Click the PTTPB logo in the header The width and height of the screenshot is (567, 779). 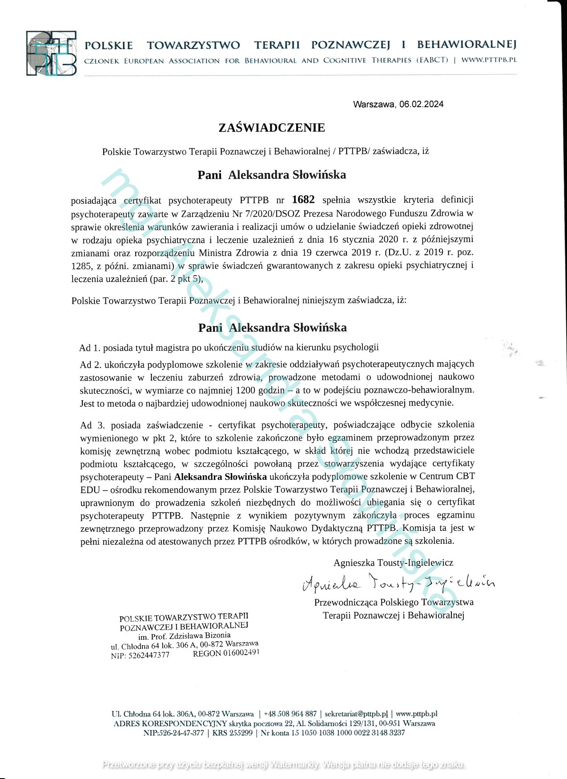click(51, 53)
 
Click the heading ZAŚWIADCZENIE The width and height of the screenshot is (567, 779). click(272, 128)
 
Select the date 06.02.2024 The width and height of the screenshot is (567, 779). click(421, 104)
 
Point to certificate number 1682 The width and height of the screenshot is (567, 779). click(303, 200)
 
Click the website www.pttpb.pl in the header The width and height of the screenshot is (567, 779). click(489, 60)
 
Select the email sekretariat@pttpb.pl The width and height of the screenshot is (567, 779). click(356, 714)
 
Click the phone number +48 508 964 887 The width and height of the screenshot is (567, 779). click(290, 714)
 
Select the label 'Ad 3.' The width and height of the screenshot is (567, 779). click(92, 425)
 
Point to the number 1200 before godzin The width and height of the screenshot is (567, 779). click(246, 390)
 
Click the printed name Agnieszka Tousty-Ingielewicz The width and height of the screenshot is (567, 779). click(393, 563)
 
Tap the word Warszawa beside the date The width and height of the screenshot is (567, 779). click(373, 104)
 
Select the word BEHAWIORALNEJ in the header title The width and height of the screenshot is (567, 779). click(466, 45)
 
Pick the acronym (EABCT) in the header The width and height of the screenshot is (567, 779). click(432, 60)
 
